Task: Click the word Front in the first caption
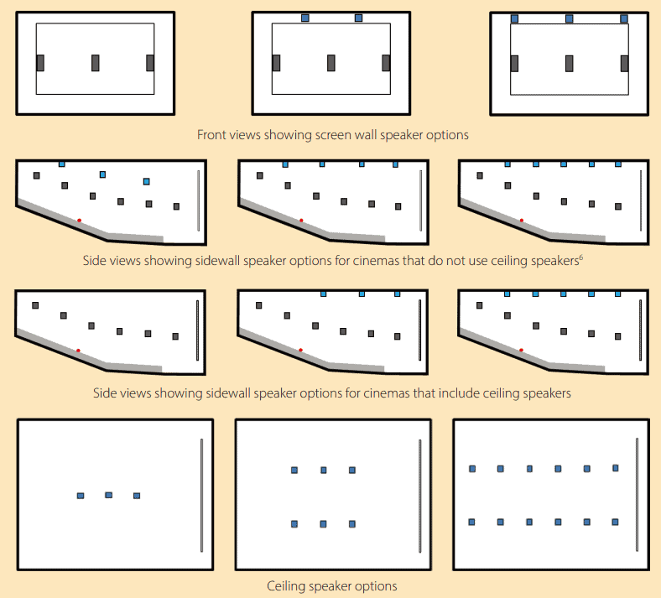point(208,135)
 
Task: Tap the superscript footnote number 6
point(581,257)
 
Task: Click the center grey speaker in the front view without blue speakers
point(96,63)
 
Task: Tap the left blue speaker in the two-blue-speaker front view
point(305,18)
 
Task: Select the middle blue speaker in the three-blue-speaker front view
point(569,18)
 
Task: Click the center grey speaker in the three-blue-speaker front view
point(569,63)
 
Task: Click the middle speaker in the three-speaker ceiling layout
point(109,495)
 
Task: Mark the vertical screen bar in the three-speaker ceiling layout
point(201,495)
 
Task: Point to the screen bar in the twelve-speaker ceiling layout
point(637,494)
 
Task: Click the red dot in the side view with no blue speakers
point(78,351)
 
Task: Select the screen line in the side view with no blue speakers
point(197,330)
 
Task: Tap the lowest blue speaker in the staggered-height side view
point(146,181)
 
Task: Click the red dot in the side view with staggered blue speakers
point(79,221)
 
